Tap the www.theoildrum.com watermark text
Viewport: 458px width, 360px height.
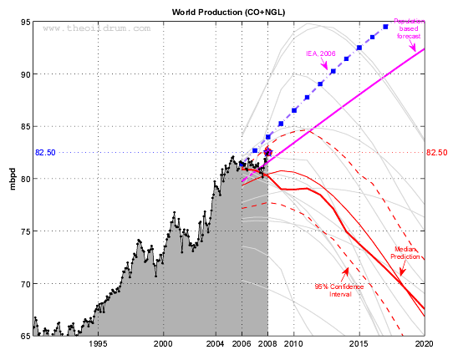point(97,28)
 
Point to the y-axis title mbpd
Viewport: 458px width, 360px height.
point(13,179)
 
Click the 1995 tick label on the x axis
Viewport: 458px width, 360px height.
point(99,343)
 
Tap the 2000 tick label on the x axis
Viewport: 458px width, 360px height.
point(164,343)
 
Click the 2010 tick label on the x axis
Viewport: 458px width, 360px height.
point(294,343)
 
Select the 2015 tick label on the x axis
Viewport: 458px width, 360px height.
point(359,343)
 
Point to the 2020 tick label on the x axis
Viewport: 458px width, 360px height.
point(424,343)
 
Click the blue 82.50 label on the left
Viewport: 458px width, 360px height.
point(45,153)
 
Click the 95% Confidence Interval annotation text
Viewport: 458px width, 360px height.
point(339,291)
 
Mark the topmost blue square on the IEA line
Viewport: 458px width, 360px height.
point(385,27)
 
